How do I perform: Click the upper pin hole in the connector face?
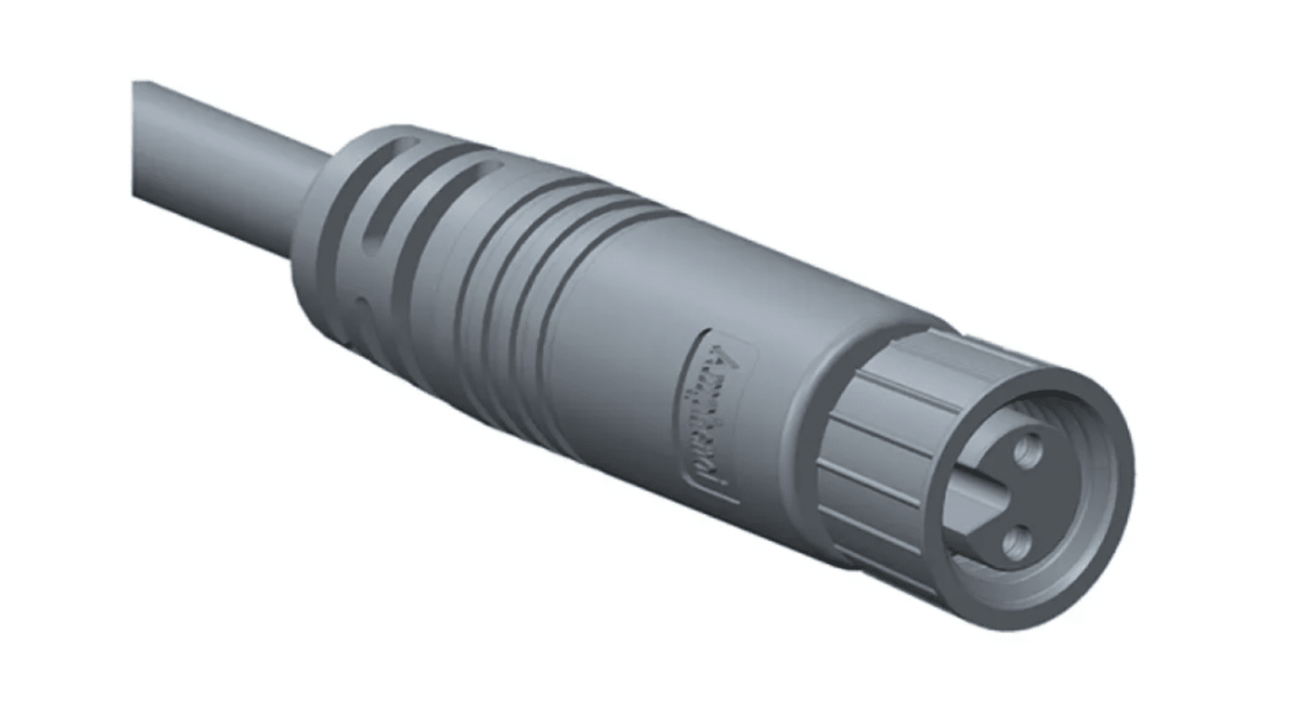point(1027,450)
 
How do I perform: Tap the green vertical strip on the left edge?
point(27,363)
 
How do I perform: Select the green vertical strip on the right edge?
point(1263,363)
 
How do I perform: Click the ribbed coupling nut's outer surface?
point(872,436)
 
